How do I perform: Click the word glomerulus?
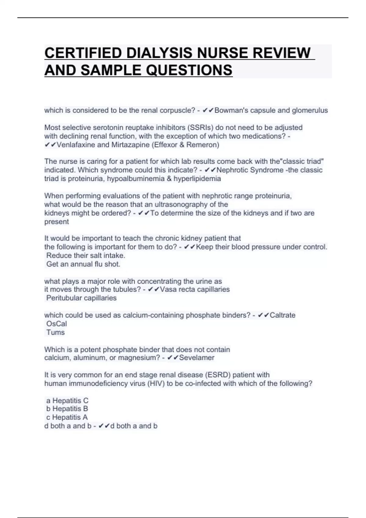[x=310, y=110]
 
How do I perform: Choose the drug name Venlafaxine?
[x=75, y=145]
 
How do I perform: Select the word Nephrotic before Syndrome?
[x=232, y=170]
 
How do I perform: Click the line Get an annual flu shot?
[x=83, y=264]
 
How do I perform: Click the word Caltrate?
[x=282, y=315]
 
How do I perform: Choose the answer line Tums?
[x=56, y=332]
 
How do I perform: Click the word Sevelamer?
[x=197, y=357]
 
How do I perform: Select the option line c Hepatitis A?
[x=67, y=417]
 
